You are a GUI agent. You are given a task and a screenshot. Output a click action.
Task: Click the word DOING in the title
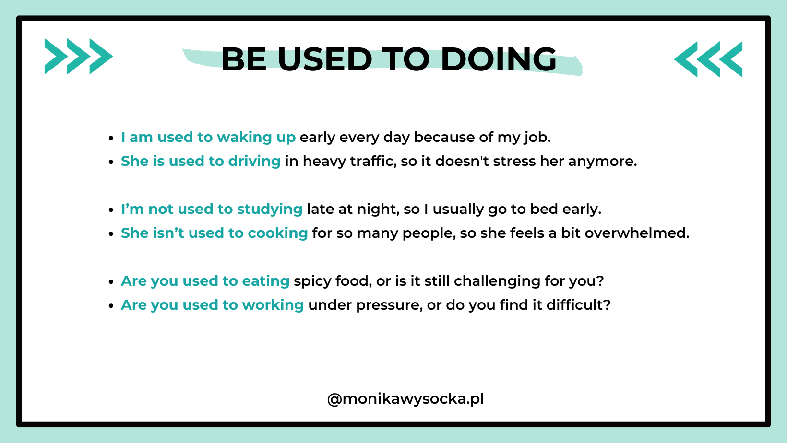coord(499,59)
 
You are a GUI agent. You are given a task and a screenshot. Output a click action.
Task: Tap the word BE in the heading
coord(244,59)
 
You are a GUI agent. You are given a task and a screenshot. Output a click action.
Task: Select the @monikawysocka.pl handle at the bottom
coord(405,399)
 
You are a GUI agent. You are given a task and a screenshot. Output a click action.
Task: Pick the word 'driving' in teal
coord(254,162)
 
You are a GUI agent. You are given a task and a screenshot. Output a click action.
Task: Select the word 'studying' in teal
coord(270,210)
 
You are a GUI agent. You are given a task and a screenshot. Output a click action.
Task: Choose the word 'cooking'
coord(278,233)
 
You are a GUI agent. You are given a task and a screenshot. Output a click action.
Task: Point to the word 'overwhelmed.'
coord(637,233)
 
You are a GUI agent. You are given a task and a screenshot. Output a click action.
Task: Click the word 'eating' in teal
coord(266,281)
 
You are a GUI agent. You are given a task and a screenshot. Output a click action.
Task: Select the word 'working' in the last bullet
coord(273,305)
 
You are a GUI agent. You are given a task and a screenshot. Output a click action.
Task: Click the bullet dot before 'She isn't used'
coord(111,234)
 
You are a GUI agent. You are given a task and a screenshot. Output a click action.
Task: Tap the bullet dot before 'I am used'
coord(111,138)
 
